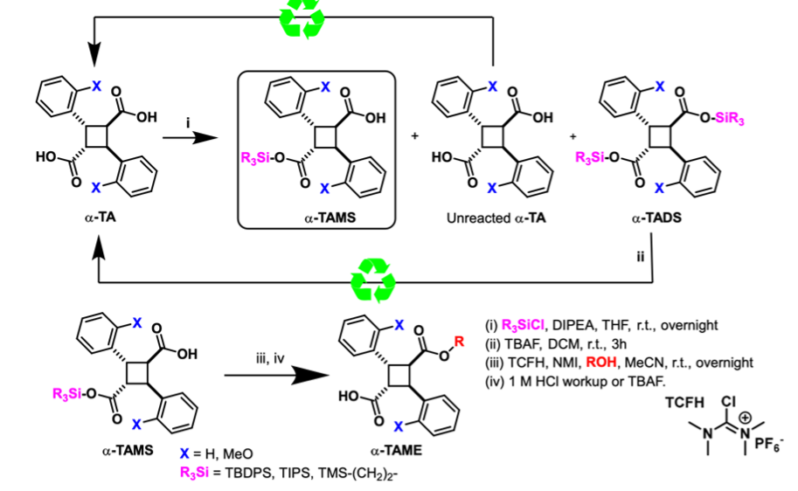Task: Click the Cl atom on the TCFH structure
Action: pyautogui.click(x=729, y=404)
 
